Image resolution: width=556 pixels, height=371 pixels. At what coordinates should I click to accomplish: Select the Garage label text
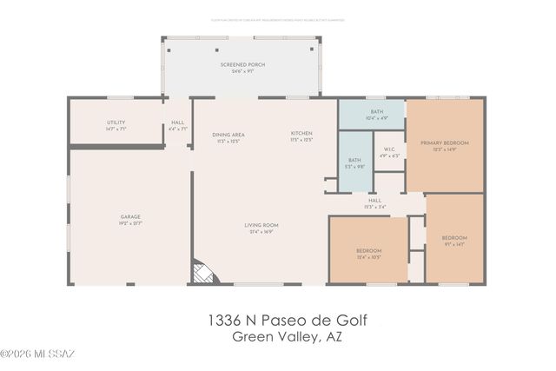tap(130, 216)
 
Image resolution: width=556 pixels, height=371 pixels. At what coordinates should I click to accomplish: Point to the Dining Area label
tap(228, 135)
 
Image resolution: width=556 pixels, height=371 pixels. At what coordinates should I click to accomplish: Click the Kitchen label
tap(301, 134)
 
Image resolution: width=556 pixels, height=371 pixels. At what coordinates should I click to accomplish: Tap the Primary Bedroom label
tap(444, 142)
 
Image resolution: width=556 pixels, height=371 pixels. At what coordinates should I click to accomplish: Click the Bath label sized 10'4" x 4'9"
tap(376, 112)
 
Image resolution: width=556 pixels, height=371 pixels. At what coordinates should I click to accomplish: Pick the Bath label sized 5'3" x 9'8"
tap(354, 160)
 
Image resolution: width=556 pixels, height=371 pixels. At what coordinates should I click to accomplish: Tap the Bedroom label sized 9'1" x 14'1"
tap(453, 238)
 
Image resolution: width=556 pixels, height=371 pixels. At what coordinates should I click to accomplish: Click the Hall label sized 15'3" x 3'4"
tap(374, 200)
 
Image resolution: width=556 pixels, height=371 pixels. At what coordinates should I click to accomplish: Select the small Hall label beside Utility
tap(177, 123)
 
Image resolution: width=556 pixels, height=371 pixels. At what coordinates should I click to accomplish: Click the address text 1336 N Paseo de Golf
tap(287, 321)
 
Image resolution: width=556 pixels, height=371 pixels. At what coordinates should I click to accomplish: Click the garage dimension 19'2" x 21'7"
tap(130, 223)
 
